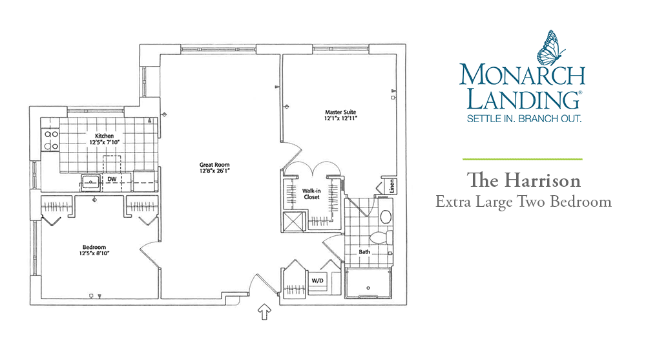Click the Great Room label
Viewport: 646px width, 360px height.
coord(211,165)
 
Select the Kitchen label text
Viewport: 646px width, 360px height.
coord(105,136)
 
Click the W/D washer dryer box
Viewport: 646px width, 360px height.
coord(317,281)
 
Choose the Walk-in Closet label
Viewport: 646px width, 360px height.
coord(312,194)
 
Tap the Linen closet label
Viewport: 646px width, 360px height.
coord(391,187)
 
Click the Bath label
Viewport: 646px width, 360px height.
coord(364,252)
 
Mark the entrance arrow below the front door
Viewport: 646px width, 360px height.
coord(264,313)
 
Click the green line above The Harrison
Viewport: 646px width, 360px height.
coord(522,158)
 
